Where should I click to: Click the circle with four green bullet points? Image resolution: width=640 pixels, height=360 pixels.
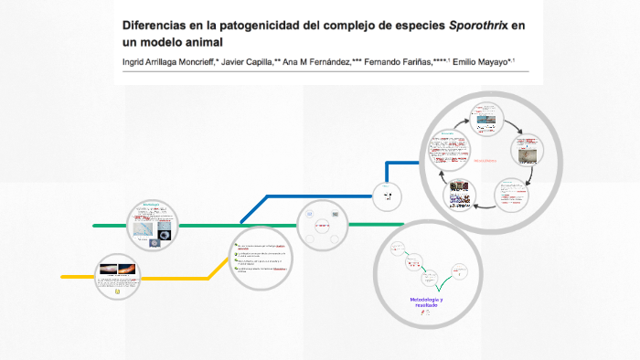[x=261, y=259]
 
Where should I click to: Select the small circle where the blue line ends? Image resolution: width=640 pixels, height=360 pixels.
[x=386, y=192]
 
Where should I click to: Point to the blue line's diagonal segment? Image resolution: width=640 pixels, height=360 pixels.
[x=253, y=209]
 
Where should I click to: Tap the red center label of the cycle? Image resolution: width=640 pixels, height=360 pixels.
[x=485, y=161]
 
